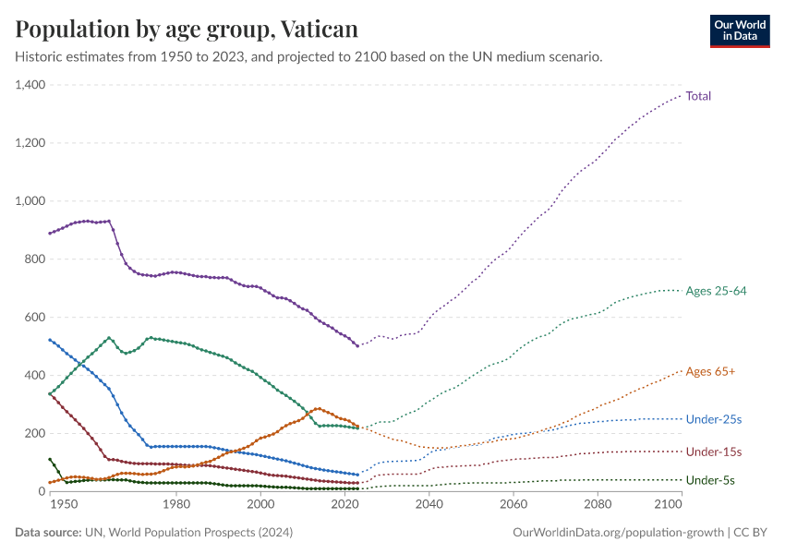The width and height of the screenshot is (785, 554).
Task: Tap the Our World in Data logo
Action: click(x=739, y=30)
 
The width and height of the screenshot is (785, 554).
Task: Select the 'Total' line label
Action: click(x=698, y=96)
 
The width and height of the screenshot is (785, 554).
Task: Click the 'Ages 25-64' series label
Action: click(x=716, y=291)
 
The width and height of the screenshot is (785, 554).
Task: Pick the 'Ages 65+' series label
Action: click(x=710, y=371)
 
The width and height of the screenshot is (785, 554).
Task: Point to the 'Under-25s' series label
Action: click(x=714, y=419)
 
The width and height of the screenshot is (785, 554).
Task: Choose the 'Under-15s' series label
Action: click(x=714, y=452)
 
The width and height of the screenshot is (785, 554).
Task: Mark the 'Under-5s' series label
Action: click(x=710, y=480)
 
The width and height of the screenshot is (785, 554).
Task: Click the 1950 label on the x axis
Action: click(x=63, y=505)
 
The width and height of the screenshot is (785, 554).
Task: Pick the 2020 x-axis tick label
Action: click(x=345, y=505)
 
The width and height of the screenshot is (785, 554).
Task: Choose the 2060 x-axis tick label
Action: click(x=513, y=505)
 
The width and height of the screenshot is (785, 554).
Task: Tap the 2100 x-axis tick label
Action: click(x=665, y=505)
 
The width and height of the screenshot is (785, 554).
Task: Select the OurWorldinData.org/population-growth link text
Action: click(x=616, y=533)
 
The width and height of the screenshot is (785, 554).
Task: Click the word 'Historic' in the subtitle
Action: click(x=41, y=57)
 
